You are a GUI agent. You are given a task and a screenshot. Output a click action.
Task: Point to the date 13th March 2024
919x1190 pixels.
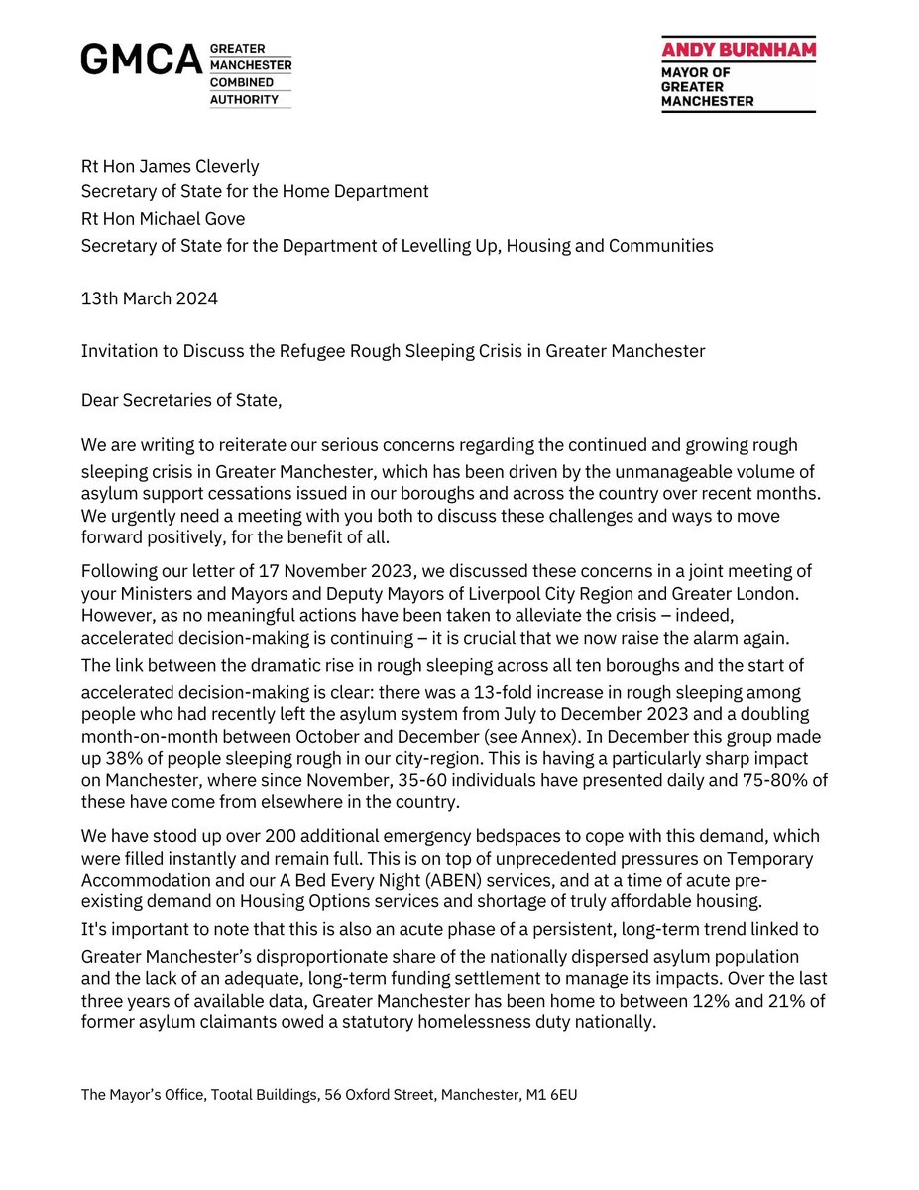(150, 298)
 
